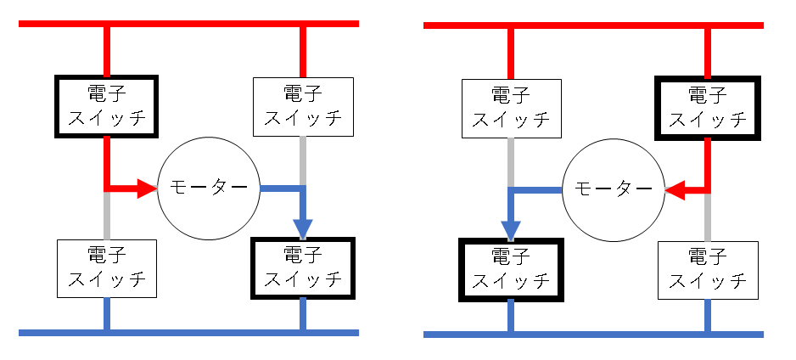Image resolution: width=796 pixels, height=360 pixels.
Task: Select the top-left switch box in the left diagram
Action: [107, 106]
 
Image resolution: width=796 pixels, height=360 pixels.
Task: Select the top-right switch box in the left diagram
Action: [302, 106]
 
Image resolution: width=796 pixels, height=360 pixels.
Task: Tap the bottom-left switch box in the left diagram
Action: [107, 268]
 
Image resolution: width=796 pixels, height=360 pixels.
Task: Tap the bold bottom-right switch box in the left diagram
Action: [302, 268]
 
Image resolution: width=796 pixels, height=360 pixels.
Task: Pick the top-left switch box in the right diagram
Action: [511, 108]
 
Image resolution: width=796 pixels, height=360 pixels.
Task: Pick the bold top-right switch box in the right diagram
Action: [707, 108]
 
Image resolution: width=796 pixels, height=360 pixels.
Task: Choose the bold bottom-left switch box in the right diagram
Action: [511, 269]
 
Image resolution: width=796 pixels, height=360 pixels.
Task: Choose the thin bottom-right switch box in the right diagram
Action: [707, 269]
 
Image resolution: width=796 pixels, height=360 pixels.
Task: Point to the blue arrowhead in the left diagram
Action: [303, 228]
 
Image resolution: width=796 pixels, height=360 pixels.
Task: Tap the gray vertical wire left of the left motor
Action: [107, 216]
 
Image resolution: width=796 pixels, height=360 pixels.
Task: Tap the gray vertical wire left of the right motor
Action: [511, 161]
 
